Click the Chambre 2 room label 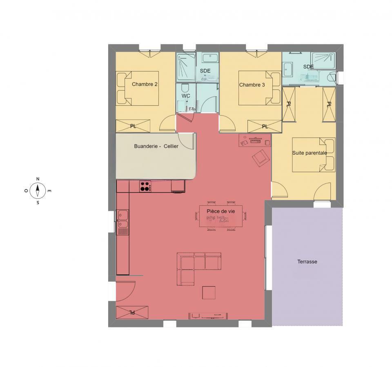point(145,85)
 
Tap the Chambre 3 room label point(252,85)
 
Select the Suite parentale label point(310,153)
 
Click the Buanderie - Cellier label point(156,146)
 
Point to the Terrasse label point(307,262)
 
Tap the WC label point(186,96)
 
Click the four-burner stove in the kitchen point(145,186)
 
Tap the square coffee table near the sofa point(209,293)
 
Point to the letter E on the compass point(49,191)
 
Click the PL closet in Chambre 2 point(133,126)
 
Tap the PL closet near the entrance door point(132,312)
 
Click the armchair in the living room point(261,158)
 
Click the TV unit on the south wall point(208,315)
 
